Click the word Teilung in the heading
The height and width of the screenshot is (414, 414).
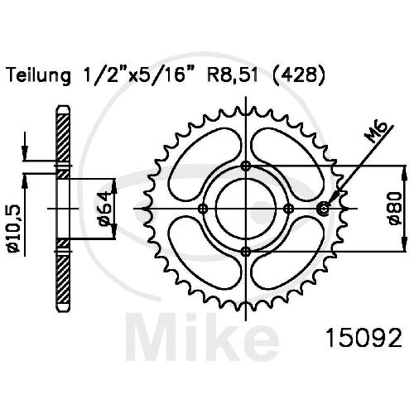click(x=39, y=75)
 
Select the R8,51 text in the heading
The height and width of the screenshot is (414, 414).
click(x=233, y=75)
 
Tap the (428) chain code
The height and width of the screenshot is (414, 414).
click(x=299, y=75)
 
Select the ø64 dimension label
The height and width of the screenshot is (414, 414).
click(x=105, y=209)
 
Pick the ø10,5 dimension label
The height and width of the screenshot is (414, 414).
click(x=14, y=229)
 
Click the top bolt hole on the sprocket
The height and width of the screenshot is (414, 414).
click(x=246, y=166)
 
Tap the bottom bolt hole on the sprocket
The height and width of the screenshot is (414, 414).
click(x=246, y=252)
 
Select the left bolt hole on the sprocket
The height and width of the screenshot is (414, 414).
click(x=203, y=209)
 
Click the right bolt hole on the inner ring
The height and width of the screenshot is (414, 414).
click(x=289, y=209)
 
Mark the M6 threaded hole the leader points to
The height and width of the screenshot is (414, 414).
click(x=324, y=209)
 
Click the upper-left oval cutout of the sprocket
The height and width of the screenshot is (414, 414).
click(x=205, y=165)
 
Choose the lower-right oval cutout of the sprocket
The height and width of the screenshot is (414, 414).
click(x=288, y=253)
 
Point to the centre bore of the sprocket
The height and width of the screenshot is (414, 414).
click(x=246, y=209)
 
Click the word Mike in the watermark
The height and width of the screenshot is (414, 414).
click(x=202, y=337)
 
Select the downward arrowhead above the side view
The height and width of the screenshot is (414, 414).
click(x=25, y=151)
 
